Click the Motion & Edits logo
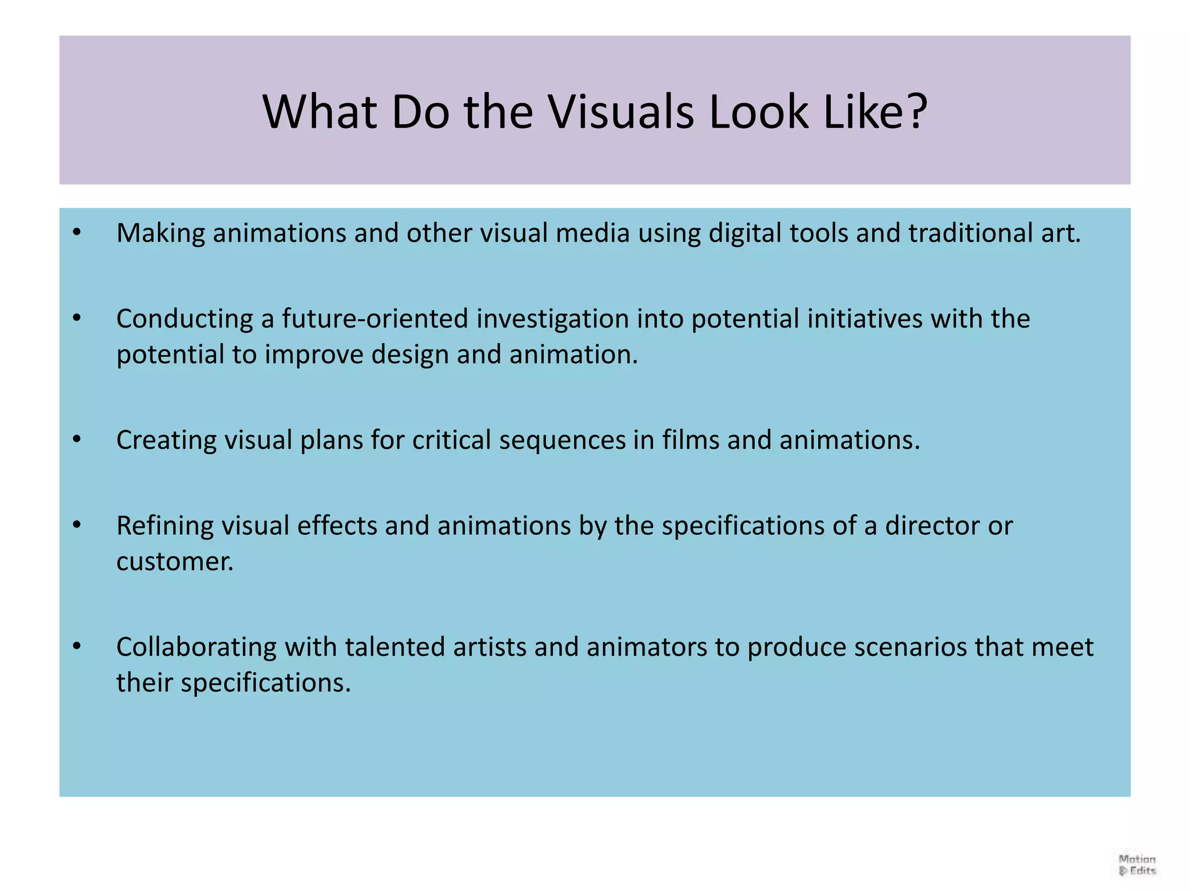1137,864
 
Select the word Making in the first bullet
160,233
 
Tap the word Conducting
184,319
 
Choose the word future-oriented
375,319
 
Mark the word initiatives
865,319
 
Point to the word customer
174,562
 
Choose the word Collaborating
196,647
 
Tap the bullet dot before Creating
77,440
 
